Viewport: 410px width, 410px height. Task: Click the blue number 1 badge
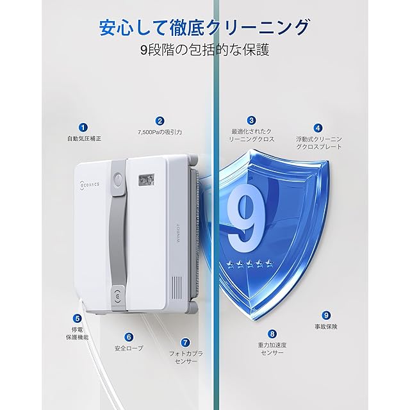[83, 127]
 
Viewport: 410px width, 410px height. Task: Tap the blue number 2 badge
[160, 121]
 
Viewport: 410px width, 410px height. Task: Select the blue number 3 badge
[251, 120]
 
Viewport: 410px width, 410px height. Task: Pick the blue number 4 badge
[318, 128]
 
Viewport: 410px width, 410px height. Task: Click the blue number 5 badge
[77, 318]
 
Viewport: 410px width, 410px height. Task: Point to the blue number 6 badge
[129, 337]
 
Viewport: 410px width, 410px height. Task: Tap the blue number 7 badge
[185, 343]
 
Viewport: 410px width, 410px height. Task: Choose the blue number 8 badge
[272, 334]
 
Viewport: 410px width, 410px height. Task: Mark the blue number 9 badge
[326, 315]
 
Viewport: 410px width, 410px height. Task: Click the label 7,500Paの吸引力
[160, 133]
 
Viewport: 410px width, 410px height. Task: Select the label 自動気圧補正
[84, 139]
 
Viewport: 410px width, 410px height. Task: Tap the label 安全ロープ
[129, 348]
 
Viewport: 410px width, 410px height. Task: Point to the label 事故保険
[326, 327]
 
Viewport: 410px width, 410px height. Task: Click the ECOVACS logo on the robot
[89, 184]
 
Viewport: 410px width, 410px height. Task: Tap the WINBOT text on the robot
[177, 233]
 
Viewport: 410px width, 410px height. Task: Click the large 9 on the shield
[246, 218]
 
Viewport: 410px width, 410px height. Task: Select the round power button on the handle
[118, 180]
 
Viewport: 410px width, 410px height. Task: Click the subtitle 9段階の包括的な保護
[205, 50]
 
